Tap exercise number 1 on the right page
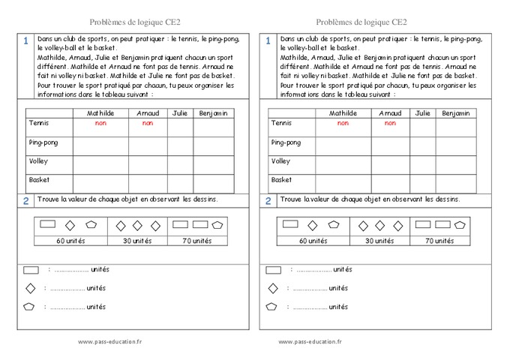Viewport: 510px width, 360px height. click(x=268, y=41)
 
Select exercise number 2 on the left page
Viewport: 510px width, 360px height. click(x=25, y=200)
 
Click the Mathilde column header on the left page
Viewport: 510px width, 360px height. click(x=100, y=113)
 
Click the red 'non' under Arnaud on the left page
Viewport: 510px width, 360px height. click(x=147, y=123)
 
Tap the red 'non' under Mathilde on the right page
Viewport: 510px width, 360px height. click(x=343, y=123)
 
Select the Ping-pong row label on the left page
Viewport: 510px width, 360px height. click(x=43, y=142)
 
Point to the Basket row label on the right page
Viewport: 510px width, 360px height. click(x=281, y=180)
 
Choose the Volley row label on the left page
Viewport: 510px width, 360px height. click(x=38, y=161)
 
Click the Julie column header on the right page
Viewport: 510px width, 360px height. click(x=422, y=113)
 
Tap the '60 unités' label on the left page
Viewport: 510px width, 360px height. click(x=70, y=241)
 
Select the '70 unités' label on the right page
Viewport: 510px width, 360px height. click(x=439, y=241)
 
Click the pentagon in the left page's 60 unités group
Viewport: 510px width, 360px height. click(x=91, y=224)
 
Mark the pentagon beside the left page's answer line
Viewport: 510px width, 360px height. click(x=30, y=307)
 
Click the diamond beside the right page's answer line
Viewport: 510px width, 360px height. click(x=273, y=288)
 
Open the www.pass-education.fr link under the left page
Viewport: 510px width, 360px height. click(x=109, y=341)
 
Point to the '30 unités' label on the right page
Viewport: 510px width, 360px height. click(x=379, y=241)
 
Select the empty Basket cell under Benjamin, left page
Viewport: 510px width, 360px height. click(x=213, y=184)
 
